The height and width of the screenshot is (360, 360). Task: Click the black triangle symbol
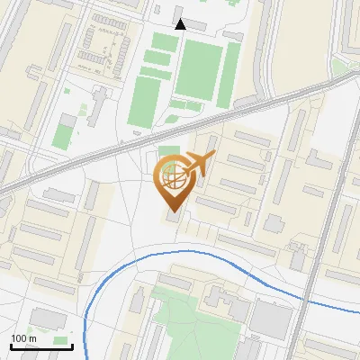pos(180,24)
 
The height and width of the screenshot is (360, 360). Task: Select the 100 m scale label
pos(23,338)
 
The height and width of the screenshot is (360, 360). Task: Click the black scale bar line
pos(30,346)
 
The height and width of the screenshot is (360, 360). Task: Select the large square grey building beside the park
pos(270,318)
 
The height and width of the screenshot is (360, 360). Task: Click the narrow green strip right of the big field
pos(231,72)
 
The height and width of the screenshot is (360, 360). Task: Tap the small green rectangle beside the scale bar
pos(61,340)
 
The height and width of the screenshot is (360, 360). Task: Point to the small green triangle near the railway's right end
pos(340,67)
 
